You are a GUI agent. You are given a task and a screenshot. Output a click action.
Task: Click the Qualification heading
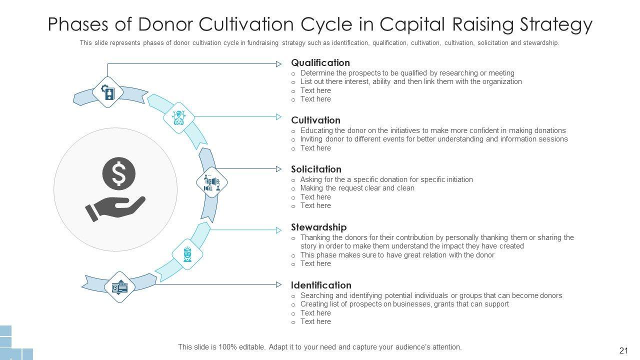point(320,63)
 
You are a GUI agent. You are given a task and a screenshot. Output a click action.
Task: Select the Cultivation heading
point(315,120)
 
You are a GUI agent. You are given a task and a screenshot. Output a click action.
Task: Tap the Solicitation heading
point(316,169)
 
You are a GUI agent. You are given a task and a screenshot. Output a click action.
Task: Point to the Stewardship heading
point(318,227)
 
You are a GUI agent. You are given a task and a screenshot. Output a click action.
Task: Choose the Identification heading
point(321,285)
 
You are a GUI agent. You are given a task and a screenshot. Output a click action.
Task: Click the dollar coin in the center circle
point(119,172)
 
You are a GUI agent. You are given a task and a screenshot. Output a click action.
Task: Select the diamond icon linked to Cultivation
point(178,117)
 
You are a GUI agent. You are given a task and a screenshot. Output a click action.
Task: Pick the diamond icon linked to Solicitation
point(212,182)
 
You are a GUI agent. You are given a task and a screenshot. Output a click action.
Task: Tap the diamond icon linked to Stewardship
point(187,254)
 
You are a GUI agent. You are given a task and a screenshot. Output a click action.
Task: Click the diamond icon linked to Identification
point(119,287)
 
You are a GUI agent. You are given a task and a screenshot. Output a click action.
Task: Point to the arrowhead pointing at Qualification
point(279,63)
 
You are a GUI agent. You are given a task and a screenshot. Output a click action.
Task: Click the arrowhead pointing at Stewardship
point(279,230)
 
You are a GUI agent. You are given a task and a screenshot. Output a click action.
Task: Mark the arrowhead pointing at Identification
point(279,284)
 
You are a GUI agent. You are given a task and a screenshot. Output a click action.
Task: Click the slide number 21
point(623,350)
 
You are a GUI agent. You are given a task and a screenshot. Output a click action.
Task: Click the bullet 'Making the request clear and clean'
point(357,188)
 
